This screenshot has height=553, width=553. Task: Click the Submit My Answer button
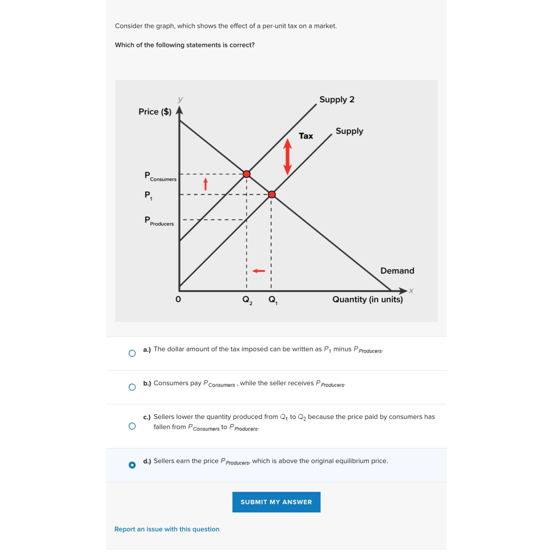tap(276, 502)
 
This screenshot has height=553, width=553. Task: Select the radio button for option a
tap(132, 353)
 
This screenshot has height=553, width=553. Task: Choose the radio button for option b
tap(132, 387)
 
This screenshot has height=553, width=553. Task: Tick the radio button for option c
tap(132, 426)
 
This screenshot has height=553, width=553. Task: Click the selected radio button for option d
tap(132, 465)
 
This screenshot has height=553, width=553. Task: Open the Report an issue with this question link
tap(167, 529)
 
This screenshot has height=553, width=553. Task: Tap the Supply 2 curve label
tap(337, 99)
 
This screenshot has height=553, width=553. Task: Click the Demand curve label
tap(397, 271)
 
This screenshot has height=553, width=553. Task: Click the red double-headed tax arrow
tap(287, 157)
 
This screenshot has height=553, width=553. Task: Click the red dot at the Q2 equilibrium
tap(247, 174)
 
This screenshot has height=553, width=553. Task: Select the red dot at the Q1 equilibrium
tap(272, 195)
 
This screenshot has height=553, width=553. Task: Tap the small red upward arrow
tap(205, 184)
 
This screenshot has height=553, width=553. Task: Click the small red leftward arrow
tap(259, 271)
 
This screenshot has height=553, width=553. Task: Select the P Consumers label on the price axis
tap(160, 176)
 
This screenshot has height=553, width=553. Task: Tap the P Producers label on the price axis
tap(159, 221)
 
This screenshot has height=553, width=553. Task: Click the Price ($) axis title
tap(155, 112)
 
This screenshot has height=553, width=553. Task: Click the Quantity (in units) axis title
tap(367, 299)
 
